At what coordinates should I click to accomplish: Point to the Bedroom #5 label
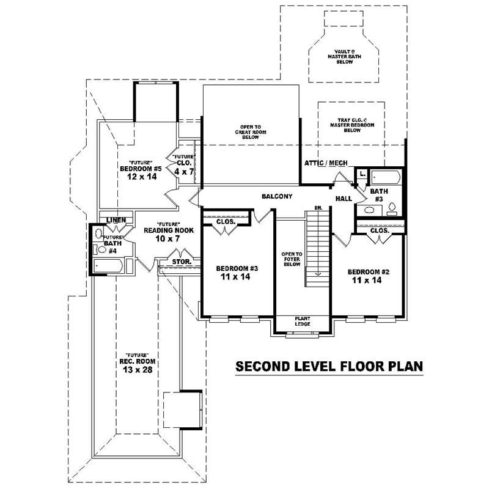(x=140, y=169)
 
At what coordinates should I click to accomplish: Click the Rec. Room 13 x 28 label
(x=136, y=364)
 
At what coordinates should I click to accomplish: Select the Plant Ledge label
(x=302, y=321)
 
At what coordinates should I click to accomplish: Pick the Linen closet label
(x=116, y=220)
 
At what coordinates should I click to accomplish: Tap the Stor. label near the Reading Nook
(x=182, y=262)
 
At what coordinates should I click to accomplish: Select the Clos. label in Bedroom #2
(x=380, y=231)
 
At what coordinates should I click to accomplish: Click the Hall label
(x=343, y=199)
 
